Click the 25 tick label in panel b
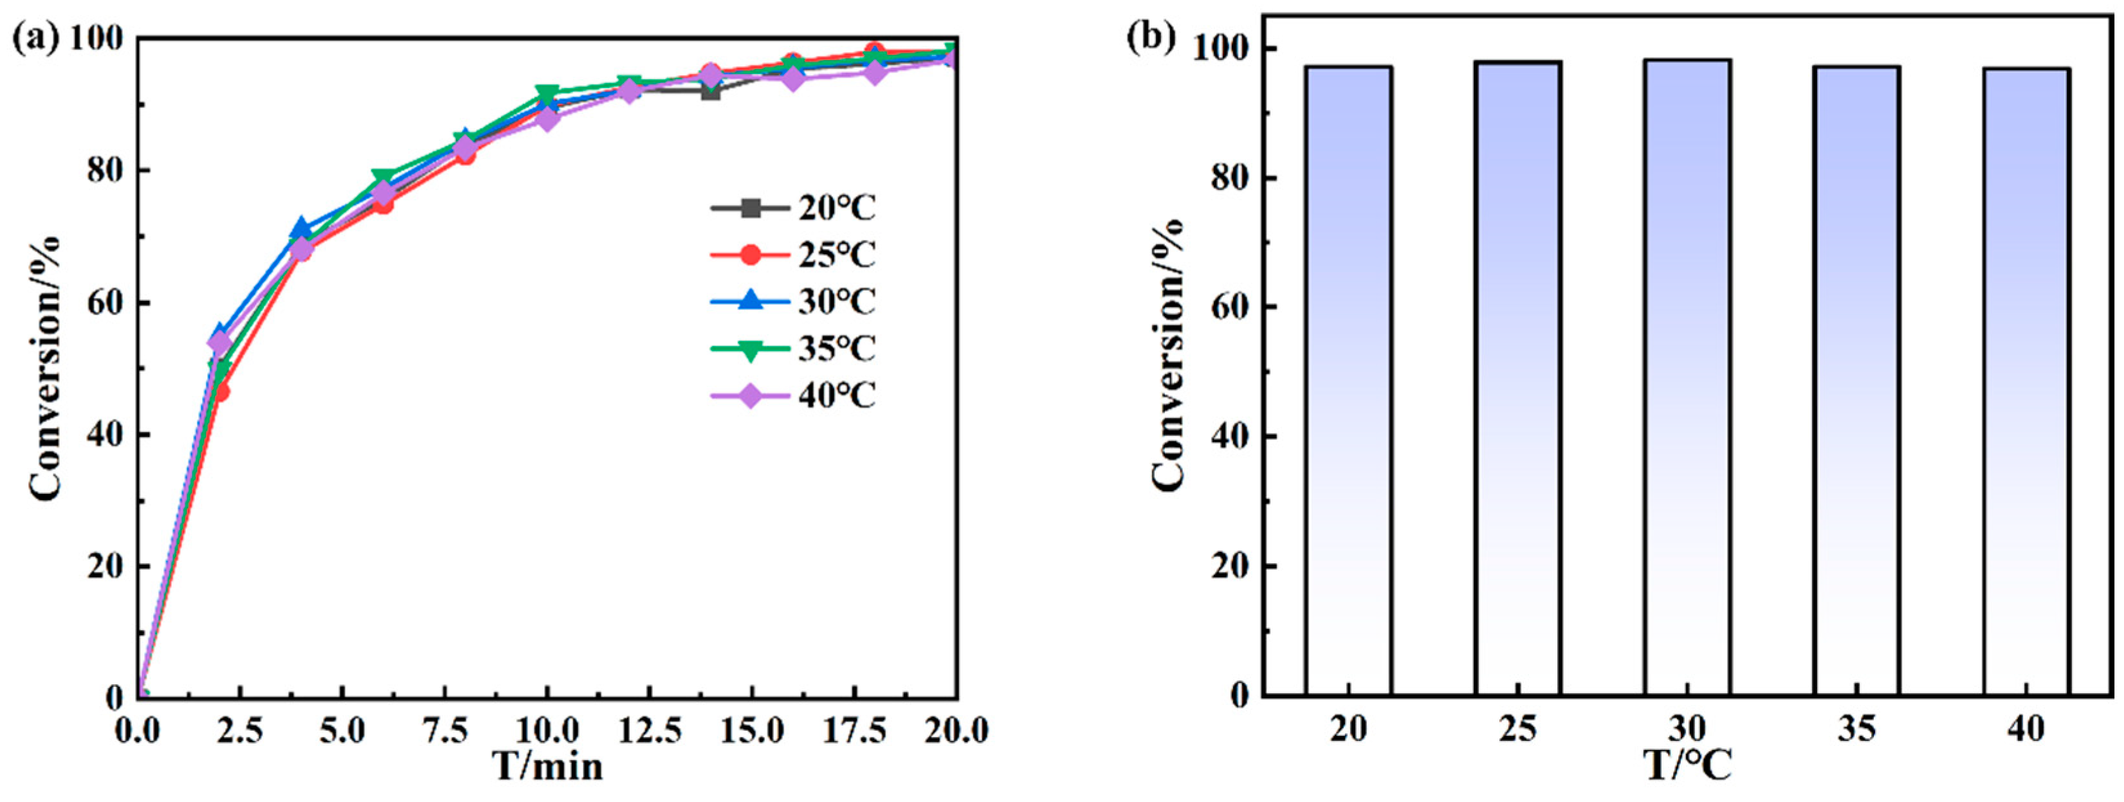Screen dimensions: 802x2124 1517,729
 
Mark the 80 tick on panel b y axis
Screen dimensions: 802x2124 1231,178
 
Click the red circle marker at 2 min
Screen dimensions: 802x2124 220,392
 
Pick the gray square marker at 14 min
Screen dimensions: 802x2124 710,91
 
